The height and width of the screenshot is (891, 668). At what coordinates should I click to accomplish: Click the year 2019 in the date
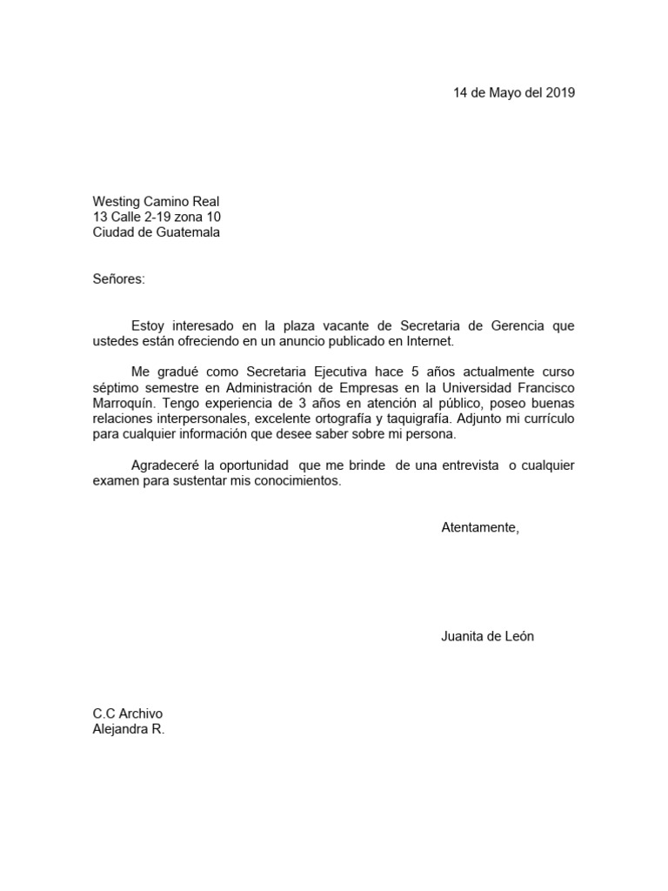[560, 93]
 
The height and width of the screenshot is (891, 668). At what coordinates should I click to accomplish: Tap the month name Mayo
[504, 93]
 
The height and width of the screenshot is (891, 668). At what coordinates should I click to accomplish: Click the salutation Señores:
[119, 279]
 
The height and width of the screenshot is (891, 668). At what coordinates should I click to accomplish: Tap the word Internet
[427, 342]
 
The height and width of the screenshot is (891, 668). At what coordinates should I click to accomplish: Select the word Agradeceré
[165, 466]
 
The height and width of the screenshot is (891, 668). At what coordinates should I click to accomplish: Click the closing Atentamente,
[480, 528]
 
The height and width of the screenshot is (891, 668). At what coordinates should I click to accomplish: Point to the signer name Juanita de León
[487, 636]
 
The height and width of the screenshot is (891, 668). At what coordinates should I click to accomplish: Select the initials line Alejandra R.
[129, 729]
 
